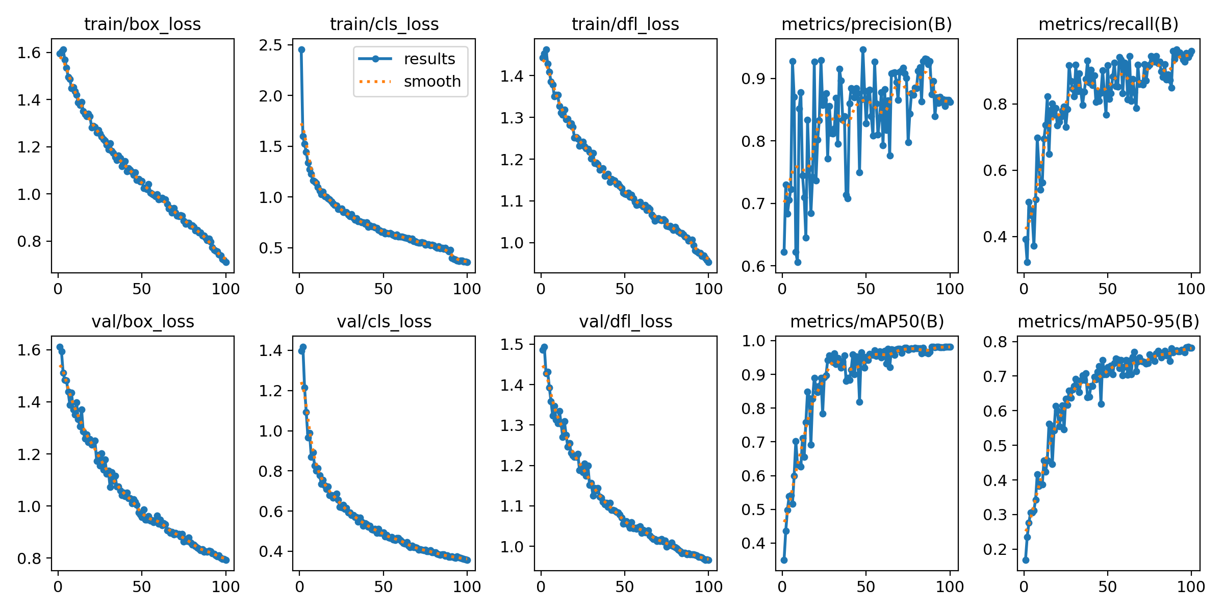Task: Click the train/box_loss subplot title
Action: (142, 24)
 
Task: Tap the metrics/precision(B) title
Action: (866, 24)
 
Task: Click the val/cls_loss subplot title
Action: (384, 321)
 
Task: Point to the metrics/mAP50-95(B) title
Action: (1108, 321)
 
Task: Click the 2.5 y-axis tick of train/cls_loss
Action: (270, 45)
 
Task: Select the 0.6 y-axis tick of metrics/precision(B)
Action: (754, 266)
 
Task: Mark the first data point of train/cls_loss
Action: (301, 49)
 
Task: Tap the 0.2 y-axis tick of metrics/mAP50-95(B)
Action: (996, 549)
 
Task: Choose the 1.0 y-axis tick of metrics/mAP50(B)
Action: (754, 341)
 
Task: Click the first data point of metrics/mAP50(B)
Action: (784, 560)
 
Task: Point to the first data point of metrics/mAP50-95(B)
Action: (1026, 560)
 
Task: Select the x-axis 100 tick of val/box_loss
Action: (225, 586)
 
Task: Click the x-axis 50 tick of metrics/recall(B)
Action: (1107, 289)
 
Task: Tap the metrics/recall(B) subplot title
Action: (1108, 24)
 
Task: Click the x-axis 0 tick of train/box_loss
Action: (58, 289)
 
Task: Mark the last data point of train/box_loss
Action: (226, 262)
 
